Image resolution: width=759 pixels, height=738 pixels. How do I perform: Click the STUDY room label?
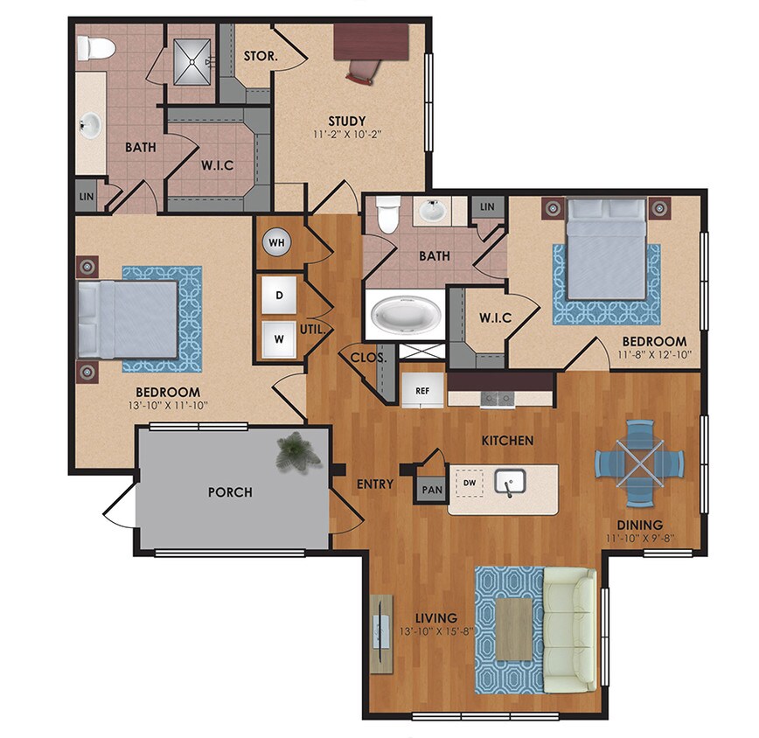click(346, 121)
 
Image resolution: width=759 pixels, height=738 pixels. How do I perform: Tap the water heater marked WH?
click(277, 242)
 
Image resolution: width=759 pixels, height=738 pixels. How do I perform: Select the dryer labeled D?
click(279, 295)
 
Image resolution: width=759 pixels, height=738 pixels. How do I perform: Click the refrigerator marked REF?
click(421, 391)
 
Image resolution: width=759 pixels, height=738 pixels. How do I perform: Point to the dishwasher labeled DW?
click(470, 482)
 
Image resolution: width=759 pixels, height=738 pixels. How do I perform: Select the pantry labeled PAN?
click(432, 491)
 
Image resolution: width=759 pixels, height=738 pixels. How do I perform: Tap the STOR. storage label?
click(261, 56)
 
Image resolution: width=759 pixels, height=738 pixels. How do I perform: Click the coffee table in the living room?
click(513, 630)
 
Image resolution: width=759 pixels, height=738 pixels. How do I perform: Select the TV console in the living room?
click(380, 632)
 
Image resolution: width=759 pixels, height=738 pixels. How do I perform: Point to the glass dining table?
click(638, 463)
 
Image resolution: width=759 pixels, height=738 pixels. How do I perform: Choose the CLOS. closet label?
click(363, 357)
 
